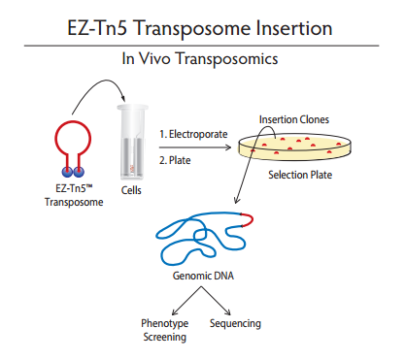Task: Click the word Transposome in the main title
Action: pos(192,29)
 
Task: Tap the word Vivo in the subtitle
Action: pos(154,58)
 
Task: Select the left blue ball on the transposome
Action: pos(67,172)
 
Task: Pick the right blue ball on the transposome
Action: pos(79,172)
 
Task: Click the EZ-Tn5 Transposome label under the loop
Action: pos(74,195)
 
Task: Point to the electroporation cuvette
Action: pos(132,142)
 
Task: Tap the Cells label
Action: pos(131,190)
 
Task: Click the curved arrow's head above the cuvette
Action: pos(122,98)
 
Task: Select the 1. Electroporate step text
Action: pos(193,134)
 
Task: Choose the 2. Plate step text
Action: pos(175,160)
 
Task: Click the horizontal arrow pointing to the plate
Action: pos(195,147)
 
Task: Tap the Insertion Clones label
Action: pos(294,119)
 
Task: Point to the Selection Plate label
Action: pos(300,175)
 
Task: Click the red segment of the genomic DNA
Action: pos(249,219)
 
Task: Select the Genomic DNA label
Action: pos(203,276)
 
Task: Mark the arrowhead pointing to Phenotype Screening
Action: pos(174,312)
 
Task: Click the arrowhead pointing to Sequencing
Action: pos(228,312)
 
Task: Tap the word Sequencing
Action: pos(235,323)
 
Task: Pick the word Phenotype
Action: pos(165,323)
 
